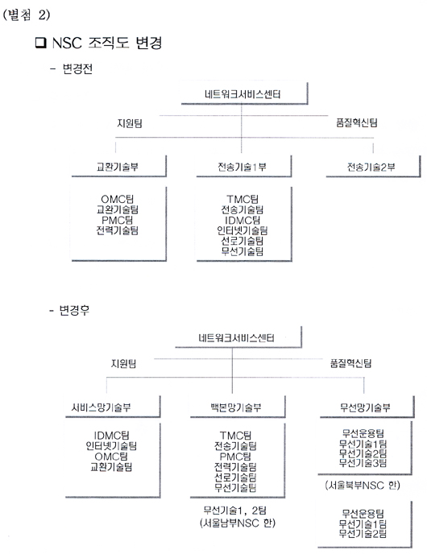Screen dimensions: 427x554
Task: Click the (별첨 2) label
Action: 27,15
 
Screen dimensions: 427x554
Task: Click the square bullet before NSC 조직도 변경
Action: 41,43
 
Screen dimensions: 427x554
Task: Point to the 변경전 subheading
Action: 77,68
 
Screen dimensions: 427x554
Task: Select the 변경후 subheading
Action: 74,310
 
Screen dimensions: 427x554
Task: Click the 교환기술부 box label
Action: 118,167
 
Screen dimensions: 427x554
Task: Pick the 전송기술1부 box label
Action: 242,167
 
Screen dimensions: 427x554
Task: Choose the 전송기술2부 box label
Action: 371,167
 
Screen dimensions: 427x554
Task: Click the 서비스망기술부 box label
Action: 101,407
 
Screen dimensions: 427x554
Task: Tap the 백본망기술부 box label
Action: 236,407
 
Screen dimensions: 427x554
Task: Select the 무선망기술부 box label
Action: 365,407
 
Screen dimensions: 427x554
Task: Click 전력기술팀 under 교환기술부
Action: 118,231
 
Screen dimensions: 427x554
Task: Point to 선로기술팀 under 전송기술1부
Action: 243,242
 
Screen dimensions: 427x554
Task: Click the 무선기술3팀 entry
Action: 363,463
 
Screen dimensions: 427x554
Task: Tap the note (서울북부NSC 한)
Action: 363,485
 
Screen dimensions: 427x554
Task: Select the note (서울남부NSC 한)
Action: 238,523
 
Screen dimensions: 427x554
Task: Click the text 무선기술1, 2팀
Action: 235,511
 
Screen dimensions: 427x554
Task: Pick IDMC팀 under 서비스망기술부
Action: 111,436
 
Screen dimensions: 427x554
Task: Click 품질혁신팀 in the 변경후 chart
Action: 350,363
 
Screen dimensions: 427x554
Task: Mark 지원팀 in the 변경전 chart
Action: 130,123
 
